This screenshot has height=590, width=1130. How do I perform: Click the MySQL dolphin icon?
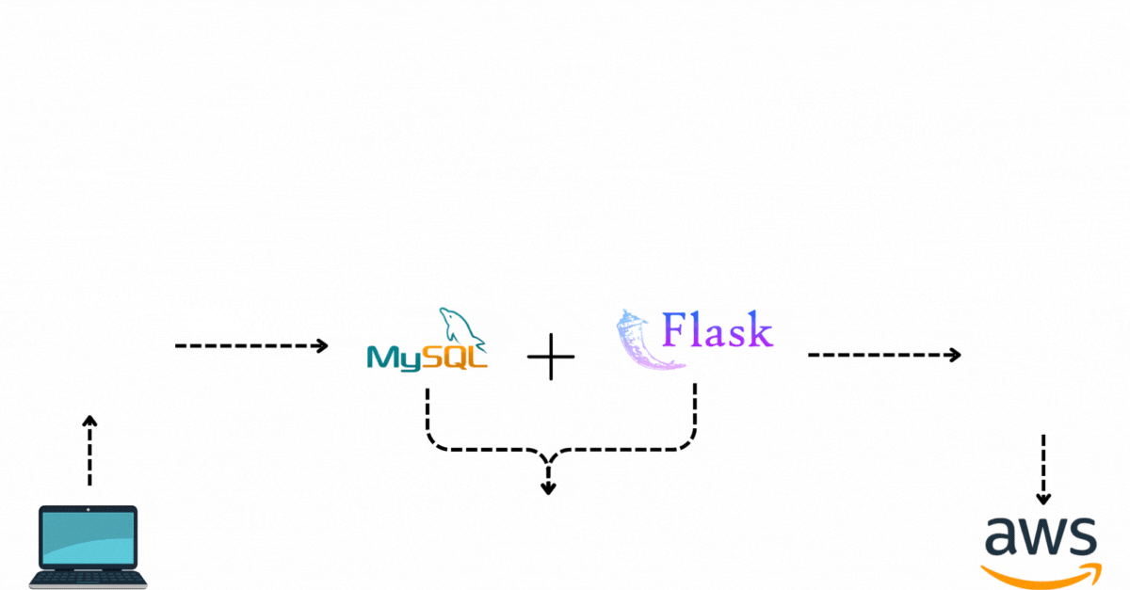tap(460, 327)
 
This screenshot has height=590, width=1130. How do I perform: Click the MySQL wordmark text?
tap(427, 358)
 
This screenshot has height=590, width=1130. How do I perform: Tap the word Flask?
tap(717, 329)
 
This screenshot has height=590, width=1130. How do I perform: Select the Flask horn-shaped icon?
tap(640, 341)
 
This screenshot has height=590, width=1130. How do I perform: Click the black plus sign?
tap(551, 357)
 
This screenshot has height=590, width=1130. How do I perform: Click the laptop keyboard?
tap(89, 578)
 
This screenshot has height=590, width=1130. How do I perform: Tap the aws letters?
tap(1041, 536)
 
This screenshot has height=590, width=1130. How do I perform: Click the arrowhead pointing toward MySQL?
tap(321, 346)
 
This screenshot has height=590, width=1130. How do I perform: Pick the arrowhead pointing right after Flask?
tap(954, 355)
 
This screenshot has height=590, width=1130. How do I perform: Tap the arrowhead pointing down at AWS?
tap(1043, 499)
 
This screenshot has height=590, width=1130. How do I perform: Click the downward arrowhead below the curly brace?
tap(548, 488)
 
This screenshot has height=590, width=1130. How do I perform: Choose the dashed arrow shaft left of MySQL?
tap(246, 346)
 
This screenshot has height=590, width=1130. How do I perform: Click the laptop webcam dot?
tap(89, 510)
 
